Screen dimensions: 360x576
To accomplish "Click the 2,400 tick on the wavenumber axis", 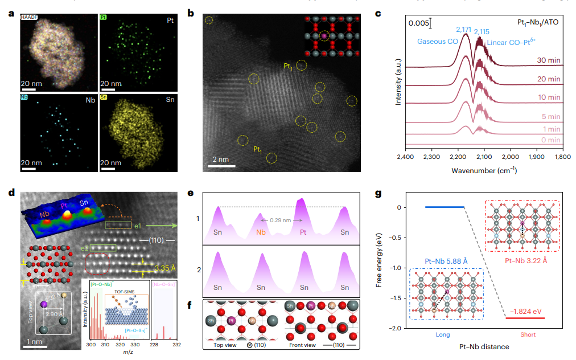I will (x=405, y=156).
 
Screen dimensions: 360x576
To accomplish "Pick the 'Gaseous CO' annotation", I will (x=438, y=42).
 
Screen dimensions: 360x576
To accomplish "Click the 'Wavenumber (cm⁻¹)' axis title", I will (x=484, y=170).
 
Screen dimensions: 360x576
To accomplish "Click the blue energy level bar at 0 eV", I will (x=445, y=207).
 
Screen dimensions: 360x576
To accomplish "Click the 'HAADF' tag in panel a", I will (x=29, y=18).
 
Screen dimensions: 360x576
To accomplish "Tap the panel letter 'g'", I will (x=379, y=194).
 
